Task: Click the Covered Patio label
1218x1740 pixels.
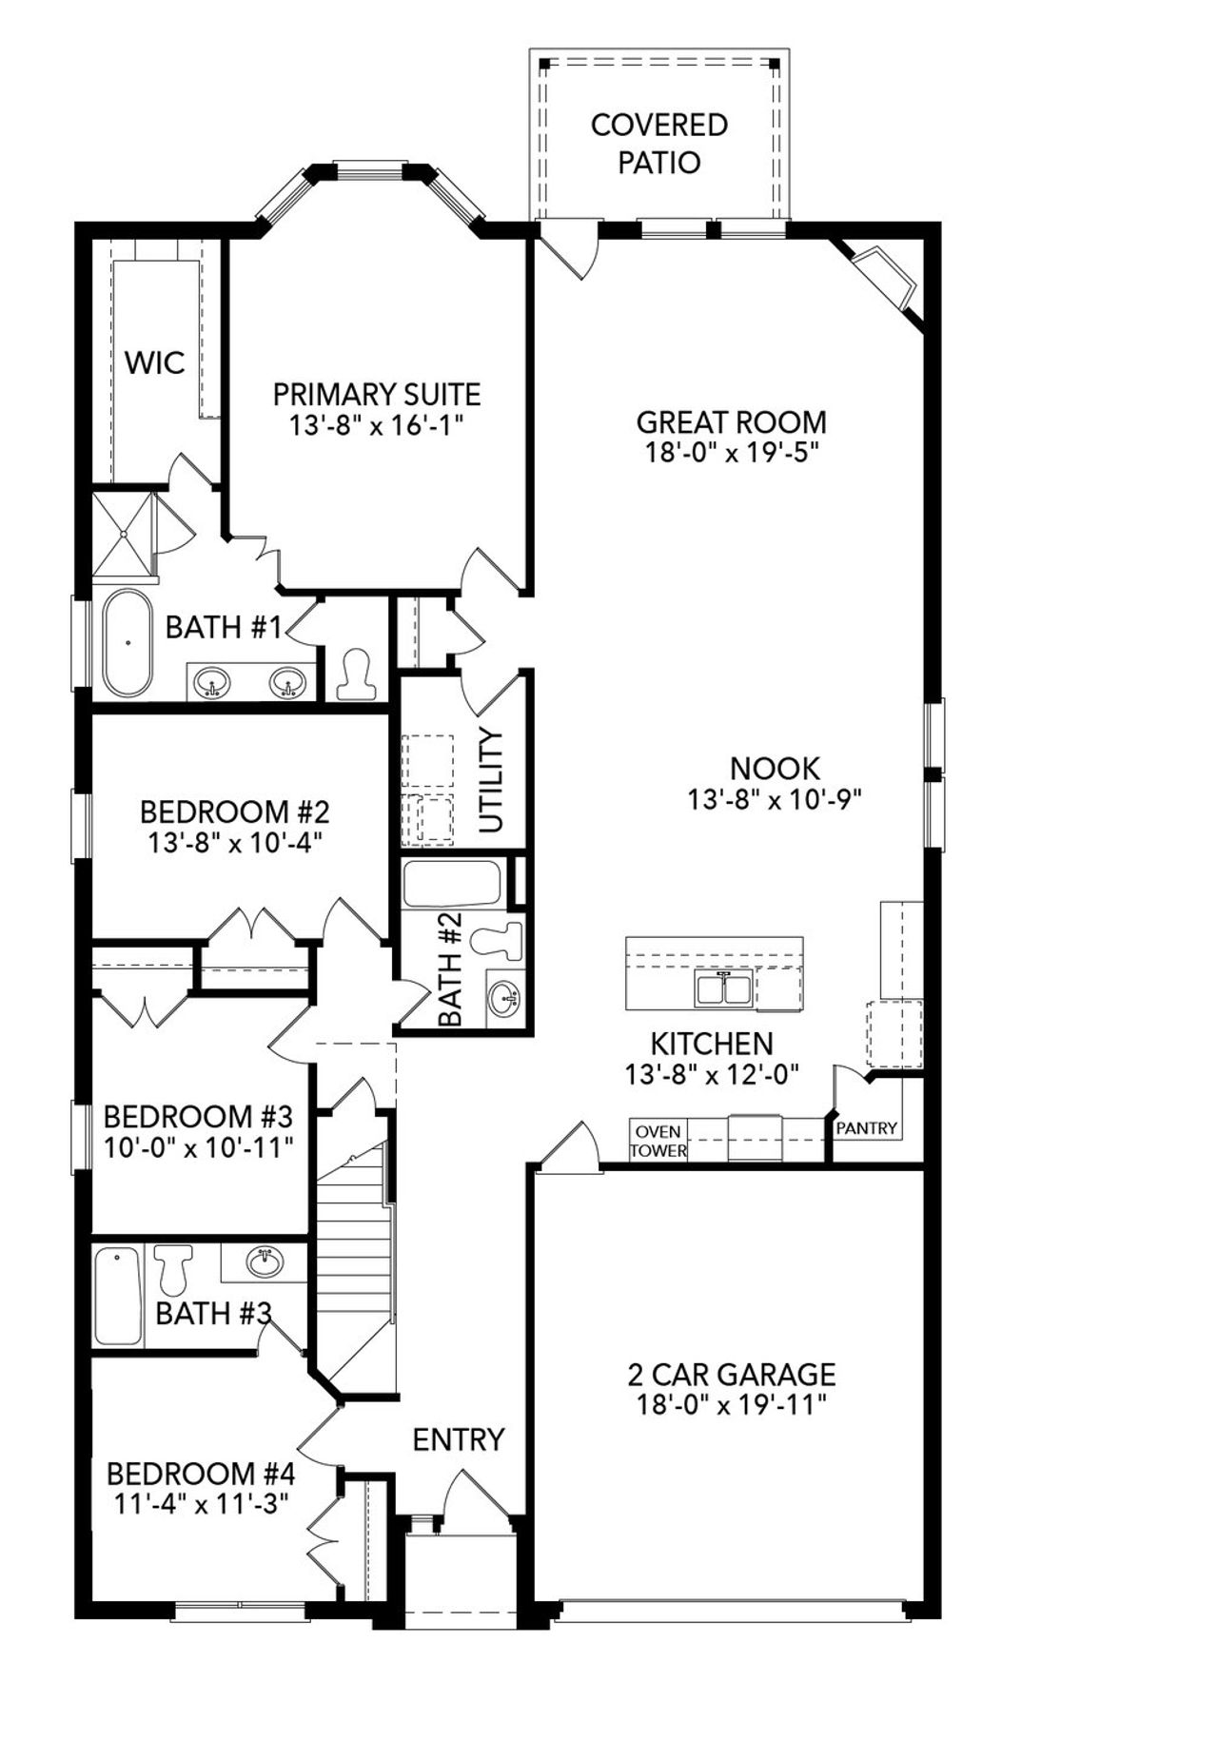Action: click(x=658, y=144)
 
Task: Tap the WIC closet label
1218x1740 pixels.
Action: click(x=155, y=362)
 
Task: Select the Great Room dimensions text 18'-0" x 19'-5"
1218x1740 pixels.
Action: click(x=732, y=452)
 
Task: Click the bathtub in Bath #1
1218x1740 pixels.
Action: click(x=128, y=643)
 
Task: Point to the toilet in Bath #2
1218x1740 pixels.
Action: click(x=500, y=939)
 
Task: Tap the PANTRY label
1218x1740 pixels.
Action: click(x=867, y=1128)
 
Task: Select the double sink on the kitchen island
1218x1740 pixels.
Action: click(x=724, y=989)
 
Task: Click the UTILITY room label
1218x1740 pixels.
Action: click(x=491, y=780)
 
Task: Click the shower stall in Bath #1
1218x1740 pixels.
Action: click(x=124, y=535)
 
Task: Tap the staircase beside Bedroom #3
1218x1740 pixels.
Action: click(x=354, y=1256)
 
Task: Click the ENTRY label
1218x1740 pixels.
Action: click(x=458, y=1439)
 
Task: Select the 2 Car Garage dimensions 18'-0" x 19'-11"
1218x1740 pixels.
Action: click(x=731, y=1404)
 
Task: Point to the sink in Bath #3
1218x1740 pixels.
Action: click(x=265, y=1263)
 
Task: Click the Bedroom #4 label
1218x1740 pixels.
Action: click(x=201, y=1474)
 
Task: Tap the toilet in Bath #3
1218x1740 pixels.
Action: click(x=173, y=1267)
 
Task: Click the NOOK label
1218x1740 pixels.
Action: click(x=775, y=768)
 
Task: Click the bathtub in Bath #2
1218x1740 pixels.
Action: click(x=451, y=884)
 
